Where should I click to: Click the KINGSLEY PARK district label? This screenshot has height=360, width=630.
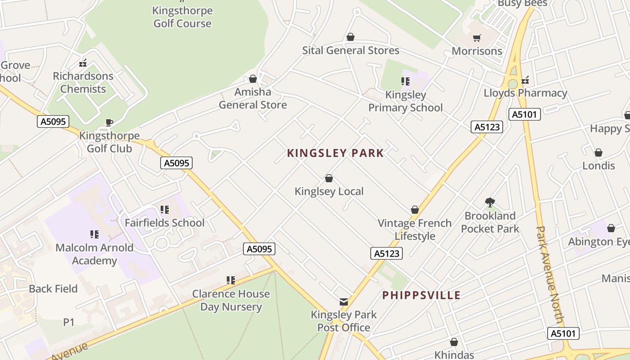pyautogui.click(x=335, y=153)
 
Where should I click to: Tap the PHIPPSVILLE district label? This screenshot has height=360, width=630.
pyautogui.click(x=421, y=295)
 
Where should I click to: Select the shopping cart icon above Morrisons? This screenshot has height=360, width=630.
pyautogui.click(x=477, y=38)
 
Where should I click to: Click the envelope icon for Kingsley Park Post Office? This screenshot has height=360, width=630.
pyautogui.click(x=344, y=302)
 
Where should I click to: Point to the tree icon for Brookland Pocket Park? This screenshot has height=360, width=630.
pyautogui.click(x=490, y=202)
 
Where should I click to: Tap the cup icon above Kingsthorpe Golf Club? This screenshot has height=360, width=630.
pyautogui.click(x=109, y=122)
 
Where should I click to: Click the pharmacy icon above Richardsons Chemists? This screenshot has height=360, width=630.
pyautogui.click(x=83, y=63)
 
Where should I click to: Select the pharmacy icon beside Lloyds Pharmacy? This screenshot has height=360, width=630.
pyautogui.click(x=525, y=81)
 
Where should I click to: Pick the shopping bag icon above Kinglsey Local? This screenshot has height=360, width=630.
pyautogui.click(x=329, y=179)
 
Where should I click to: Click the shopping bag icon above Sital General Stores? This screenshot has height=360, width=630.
pyautogui.click(x=351, y=37)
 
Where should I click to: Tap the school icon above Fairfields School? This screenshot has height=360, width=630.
pyautogui.click(x=165, y=210)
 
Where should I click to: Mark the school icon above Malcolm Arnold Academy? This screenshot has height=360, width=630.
pyautogui.click(x=94, y=234)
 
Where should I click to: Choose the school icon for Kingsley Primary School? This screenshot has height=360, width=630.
pyautogui.click(x=405, y=81)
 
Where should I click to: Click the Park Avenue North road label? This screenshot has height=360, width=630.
pyautogui.click(x=550, y=274)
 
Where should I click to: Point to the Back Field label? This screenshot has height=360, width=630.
pyautogui.click(x=53, y=288)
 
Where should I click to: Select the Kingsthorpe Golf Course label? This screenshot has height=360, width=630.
pyautogui.click(x=182, y=17)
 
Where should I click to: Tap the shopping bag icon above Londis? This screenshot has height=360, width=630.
pyautogui.click(x=598, y=153)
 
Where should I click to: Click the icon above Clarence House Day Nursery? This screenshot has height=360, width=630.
pyautogui.click(x=231, y=280)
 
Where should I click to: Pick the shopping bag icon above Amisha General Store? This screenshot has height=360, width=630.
pyautogui.click(x=253, y=79)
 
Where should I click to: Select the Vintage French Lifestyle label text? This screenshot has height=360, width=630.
pyautogui.click(x=414, y=229)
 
